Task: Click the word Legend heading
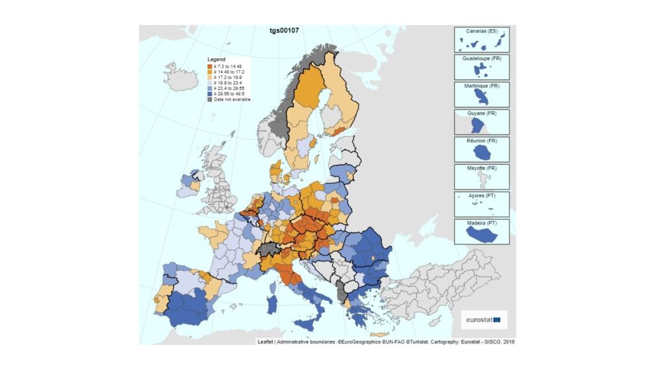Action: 216,59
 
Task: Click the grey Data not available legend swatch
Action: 210,99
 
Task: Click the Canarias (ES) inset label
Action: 481,31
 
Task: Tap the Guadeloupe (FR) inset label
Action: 481,59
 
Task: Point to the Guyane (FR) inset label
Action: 481,114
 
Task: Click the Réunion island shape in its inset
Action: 481,152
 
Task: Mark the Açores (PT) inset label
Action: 481,196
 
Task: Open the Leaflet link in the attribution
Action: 266,342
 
